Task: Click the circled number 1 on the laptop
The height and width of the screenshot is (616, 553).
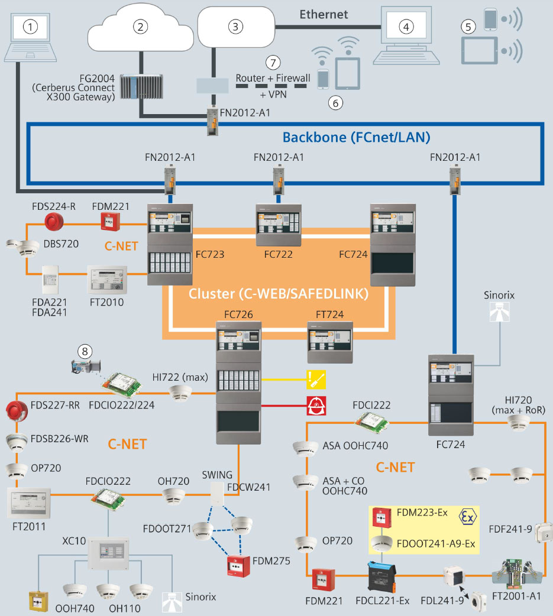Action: pyautogui.click(x=30, y=26)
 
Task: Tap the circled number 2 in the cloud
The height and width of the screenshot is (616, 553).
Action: pyautogui.click(x=140, y=26)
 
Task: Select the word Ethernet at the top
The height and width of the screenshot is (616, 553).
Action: pyautogui.click(x=324, y=14)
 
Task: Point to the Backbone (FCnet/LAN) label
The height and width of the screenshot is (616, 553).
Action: pyautogui.click(x=356, y=137)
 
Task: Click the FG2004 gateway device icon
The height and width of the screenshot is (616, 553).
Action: pyautogui.click(x=138, y=86)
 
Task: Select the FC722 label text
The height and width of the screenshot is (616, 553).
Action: pyautogui.click(x=279, y=254)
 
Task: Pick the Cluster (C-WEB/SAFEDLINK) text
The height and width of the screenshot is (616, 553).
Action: pyautogui.click(x=279, y=293)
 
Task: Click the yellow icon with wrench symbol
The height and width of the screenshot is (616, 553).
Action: pyautogui.click(x=316, y=378)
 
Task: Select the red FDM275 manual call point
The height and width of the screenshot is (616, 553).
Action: pyautogui.click(x=238, y=566)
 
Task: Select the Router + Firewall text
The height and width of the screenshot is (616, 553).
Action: pyautogui.click(x=273, y=78)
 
